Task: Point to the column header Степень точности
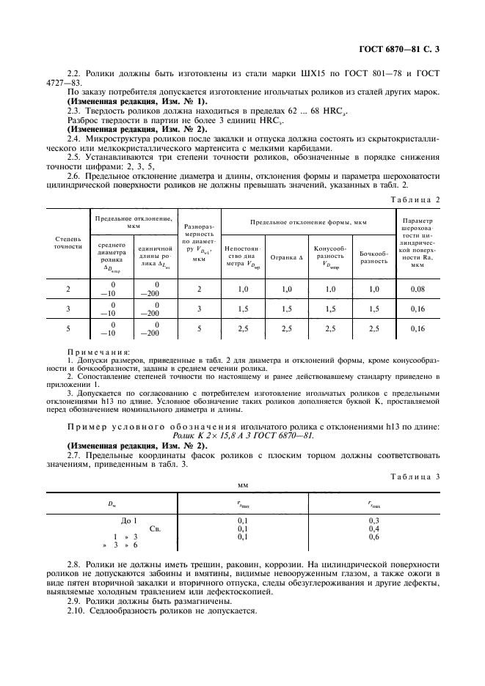pyautogui.click(x=68, y=243)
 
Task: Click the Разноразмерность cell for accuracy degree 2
pyautogui.click(x=198, y=289)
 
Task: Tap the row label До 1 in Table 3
pyautogui.click(x=129, y=520)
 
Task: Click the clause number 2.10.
pyautogui.click(x=77, y=610)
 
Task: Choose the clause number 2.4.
pyautogui.click(x=76, y=138)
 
